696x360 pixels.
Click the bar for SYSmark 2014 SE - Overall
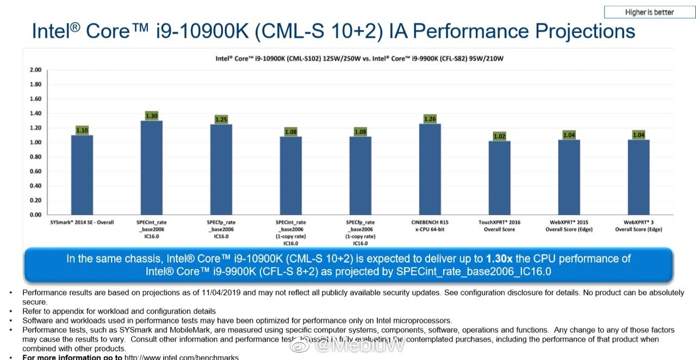pyautogui.click(x=82, y=175)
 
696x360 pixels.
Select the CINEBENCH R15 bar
pyautogui.click(x=430, y=169)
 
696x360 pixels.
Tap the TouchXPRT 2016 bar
pyautogui.click(x=499, y=178)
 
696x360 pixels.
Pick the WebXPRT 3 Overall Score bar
pyautogui.click(x=638, y=177)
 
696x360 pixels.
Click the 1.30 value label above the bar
pyautogui.click(x=152, y=115)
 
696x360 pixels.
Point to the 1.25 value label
pyautogui.click(x=221, y=119)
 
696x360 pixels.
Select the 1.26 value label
pyautogui.click(x=430, y=119)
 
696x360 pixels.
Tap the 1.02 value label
pyautogui.click(x=499, y=136)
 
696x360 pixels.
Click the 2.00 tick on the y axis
pyautogui.click(x=35, y=70)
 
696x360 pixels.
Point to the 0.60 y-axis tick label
pyautogui.click(x=35, y=171)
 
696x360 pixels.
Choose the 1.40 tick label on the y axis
pyautogui.click(x=35, y=114)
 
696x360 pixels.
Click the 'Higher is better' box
pyautogui.click(x=649, y=13)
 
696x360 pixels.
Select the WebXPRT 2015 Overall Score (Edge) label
pyautogui.click(x=569, y=226)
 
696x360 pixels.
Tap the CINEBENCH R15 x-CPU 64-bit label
pyautogui.click(x=430, y=226)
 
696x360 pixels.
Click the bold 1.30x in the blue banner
pyautogui.click(x=499, y=259)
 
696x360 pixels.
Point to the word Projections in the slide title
pyautogui.click(x=585, y=30)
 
